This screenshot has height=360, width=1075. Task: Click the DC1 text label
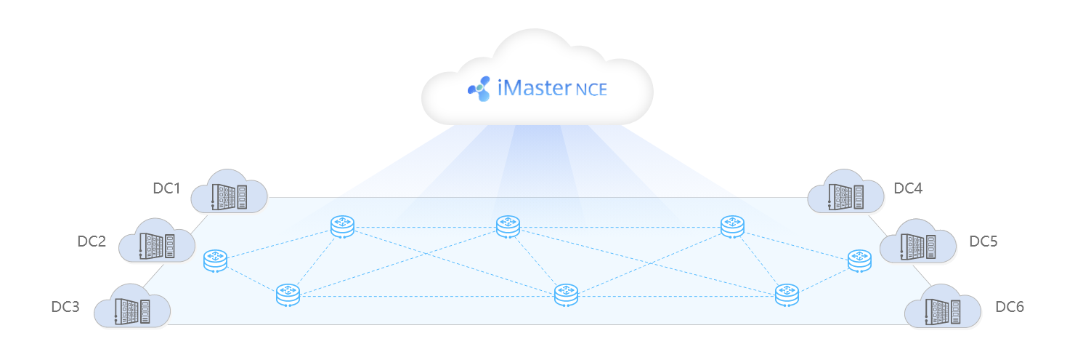(x=166, y=188)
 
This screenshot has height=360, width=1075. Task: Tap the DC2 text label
(x=92, y=241)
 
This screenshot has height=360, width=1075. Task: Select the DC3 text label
(x=65, y=307)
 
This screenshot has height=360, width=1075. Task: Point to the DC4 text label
(x=908, y=188)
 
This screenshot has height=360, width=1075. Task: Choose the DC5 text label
(x=983, y=241)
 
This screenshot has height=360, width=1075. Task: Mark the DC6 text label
(x=1010, y=307)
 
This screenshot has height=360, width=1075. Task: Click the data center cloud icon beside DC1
(x=229, y=191)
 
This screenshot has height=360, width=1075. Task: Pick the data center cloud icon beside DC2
(x=156, y=240)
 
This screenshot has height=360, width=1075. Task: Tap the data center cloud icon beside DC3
(x=132, y=305)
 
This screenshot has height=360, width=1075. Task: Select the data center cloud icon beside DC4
(x=845, y=191)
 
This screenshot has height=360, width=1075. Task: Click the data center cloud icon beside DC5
(x=917, y=241)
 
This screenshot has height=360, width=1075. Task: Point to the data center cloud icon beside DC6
(x=943, y=306)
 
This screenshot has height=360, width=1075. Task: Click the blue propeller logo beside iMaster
(x=479, y=89)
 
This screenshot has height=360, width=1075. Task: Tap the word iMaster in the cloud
(x=534, y=88)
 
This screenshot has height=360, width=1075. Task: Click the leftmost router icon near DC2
(x=216, y=261)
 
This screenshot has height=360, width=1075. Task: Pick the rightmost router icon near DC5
(x=859, y=261)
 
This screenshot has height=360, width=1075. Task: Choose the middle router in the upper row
(x=508, y=227)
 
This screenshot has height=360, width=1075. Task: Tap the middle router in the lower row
(x=567, y=295)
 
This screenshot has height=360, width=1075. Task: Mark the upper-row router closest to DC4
(x=733, y=227)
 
